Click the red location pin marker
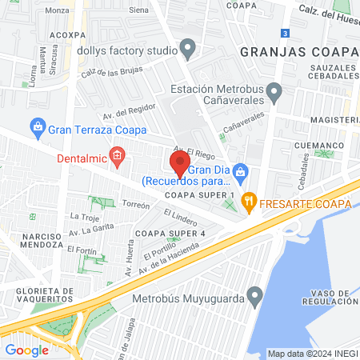(179, 164)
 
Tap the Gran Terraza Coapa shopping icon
(37, 126)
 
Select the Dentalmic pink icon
(117, 155)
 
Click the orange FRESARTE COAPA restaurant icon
(250, 202)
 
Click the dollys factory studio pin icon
(188, 50)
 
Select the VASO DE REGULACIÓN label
(330, 296)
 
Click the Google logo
(27, 350)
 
